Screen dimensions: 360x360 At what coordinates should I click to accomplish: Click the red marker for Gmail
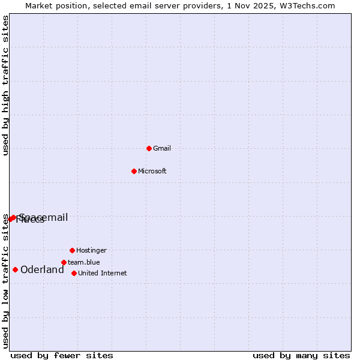149,148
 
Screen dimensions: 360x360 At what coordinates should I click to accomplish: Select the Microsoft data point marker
134,171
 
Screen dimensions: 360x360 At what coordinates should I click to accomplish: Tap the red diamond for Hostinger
72,250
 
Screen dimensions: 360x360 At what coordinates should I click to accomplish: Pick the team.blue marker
64,262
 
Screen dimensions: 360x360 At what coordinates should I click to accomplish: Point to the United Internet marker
74,273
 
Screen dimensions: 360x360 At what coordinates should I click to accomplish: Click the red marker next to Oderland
15,269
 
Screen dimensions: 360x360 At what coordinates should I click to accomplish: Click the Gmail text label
162,148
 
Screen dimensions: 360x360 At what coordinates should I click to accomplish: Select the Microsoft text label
152,171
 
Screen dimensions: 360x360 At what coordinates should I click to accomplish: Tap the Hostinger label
91,250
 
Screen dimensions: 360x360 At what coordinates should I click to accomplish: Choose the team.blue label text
84,262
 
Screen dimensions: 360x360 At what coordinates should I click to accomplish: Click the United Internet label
103,273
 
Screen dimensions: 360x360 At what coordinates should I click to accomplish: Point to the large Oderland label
42,270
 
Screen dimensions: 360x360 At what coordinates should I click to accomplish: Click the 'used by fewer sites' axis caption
62,355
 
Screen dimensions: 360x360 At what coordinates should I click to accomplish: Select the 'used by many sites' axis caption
301,355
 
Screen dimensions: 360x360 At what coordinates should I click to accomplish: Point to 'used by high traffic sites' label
5,85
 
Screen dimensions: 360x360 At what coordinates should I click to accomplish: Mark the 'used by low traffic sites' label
5,281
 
